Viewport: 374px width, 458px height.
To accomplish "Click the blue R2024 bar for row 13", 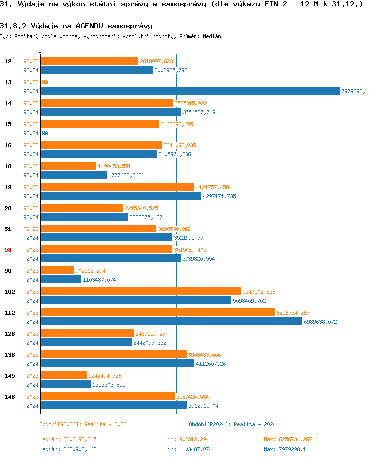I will point(189,91).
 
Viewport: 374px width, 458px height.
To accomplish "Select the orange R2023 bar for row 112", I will point(157,312).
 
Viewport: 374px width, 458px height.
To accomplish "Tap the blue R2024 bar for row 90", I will point(60,279).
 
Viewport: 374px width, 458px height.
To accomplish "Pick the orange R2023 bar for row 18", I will point(68,166).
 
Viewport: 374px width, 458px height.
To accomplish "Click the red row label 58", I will point(8,250).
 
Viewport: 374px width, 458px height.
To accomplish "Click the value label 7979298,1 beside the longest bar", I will point(355,91).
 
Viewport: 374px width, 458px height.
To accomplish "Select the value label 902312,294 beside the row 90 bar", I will point(91,271).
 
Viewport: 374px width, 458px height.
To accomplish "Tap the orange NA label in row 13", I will point(45,82).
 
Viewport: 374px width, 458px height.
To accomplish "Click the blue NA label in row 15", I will point(45,133).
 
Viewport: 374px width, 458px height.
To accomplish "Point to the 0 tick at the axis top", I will point(40,51).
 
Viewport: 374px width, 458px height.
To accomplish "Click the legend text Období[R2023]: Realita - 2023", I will point(83,424).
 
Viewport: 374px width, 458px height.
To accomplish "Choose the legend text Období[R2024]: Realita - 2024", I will point(232,424).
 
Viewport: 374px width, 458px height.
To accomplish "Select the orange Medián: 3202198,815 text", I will point(68,439).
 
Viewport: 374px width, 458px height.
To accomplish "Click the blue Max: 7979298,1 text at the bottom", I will point(285,449).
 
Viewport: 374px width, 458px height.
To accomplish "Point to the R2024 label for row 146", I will point(31,406).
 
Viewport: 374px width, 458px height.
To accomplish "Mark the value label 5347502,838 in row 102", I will point(259,292).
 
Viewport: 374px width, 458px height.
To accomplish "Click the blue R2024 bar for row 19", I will point(121,196).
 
